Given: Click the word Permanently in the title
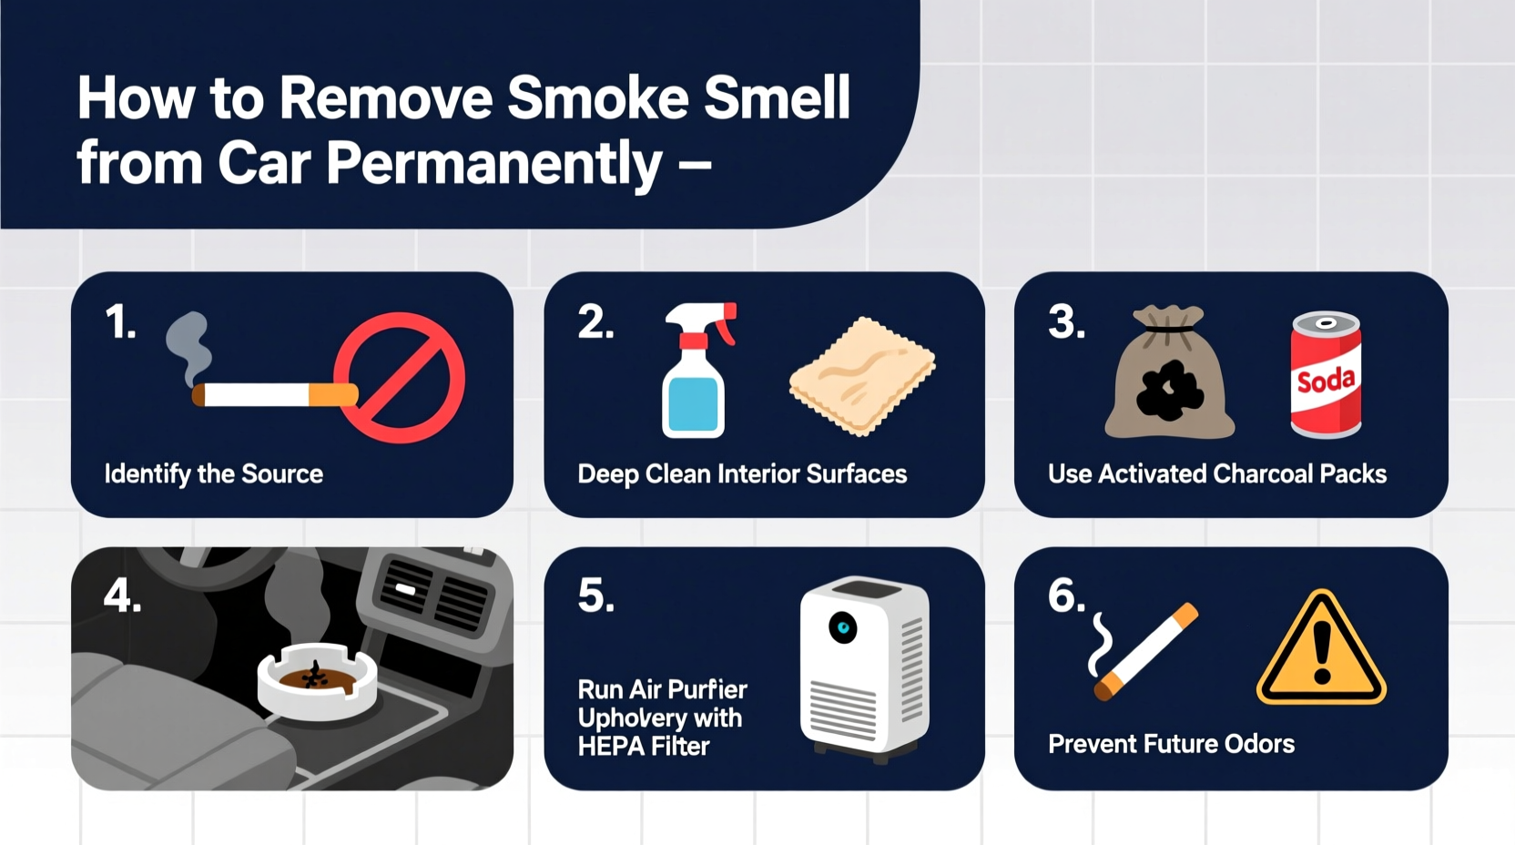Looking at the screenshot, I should tap(493, 165).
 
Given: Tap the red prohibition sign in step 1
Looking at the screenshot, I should tap(400, 378).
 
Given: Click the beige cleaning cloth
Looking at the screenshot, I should tap(861, 375).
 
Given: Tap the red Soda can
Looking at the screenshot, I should tap(1326, 374).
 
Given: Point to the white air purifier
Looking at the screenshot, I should tap(864, 667).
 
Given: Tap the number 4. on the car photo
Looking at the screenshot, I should tap(122, 597).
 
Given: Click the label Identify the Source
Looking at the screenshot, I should tap(214, 474).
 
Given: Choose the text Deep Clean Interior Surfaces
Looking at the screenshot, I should tap(742, 474).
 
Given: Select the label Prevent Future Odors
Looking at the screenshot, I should tap(1171, 744).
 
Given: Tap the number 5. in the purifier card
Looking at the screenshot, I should tap(596, 597).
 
